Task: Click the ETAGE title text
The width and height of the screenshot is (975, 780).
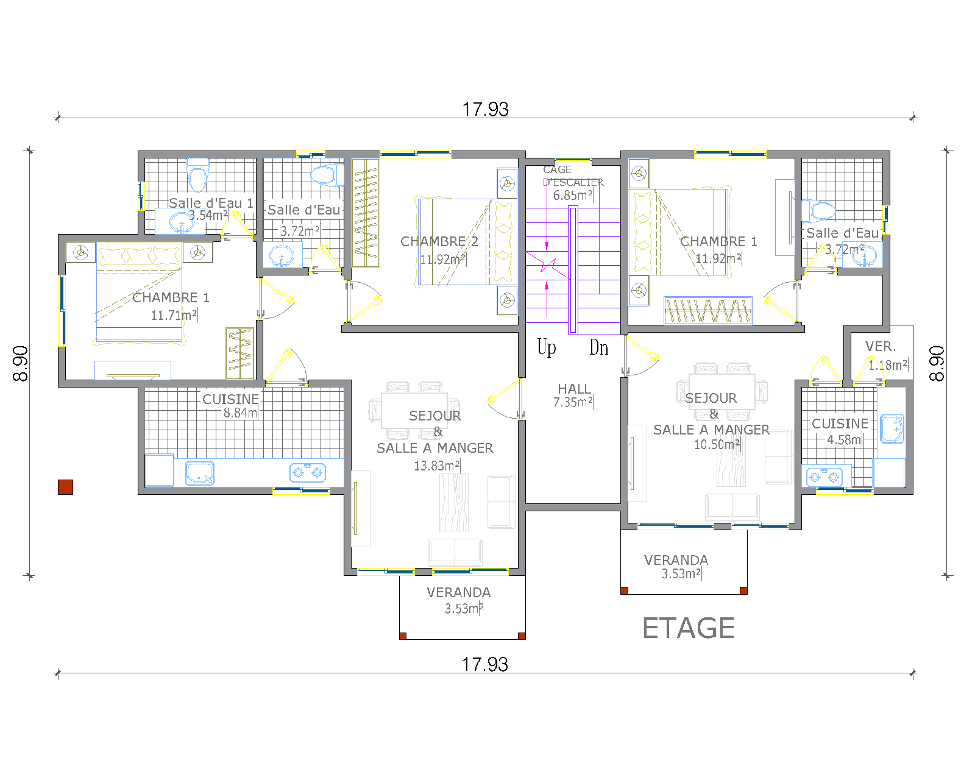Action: tap(688, 628)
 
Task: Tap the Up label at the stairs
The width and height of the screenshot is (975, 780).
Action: tap(547, 347)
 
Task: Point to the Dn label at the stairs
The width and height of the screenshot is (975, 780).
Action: tap(598, 347)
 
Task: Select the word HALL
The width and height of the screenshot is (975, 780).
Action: tap(574, 389)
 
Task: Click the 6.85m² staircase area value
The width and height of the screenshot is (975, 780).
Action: tap(573, 196)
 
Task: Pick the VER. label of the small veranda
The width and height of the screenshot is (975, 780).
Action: tap(881, 346)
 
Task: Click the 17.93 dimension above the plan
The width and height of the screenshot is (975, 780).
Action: tap(485, 109)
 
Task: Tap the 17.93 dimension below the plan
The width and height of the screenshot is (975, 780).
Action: tap(485, 664)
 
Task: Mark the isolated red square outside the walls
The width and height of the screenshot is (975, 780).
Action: tap(65, 487)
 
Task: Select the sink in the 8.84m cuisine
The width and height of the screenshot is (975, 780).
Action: tap(199, 473)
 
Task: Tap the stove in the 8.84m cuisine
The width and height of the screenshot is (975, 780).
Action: tap(308, 473)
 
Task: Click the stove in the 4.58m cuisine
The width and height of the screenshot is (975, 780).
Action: tap(824, 477)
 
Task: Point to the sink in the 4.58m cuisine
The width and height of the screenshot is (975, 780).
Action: tap(892, 428)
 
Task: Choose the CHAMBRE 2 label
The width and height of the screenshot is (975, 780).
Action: tap(439, 241)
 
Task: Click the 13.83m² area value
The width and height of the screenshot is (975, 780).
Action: tap(437, 466)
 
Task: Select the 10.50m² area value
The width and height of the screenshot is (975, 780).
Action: tap(717, 444)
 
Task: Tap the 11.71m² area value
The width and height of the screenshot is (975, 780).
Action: tap(174, 315)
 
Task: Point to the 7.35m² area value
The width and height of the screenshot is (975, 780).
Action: tap(573, 402)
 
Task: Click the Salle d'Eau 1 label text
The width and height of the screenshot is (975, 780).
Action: tap(211, 203)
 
